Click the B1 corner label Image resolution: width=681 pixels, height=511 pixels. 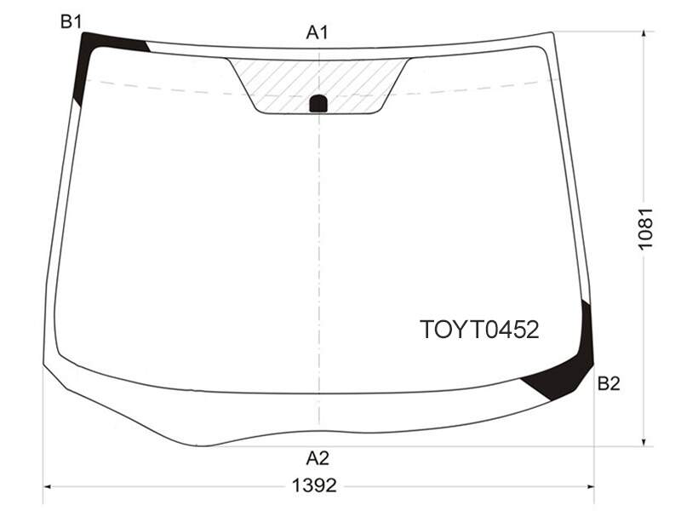tap(72, 21)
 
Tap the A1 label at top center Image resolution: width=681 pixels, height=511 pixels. tap(318, 32)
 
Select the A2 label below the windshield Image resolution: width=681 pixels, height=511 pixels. tap(318, 458)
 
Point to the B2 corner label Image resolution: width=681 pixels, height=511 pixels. tap(609, 383)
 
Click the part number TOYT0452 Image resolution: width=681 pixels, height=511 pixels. tap(479, 330)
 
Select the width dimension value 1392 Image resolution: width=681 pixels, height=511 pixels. tap(314, 485)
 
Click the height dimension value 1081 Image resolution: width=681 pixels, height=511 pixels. tap(646, 228)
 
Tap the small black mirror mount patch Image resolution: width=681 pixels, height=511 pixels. tap(318, 103)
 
